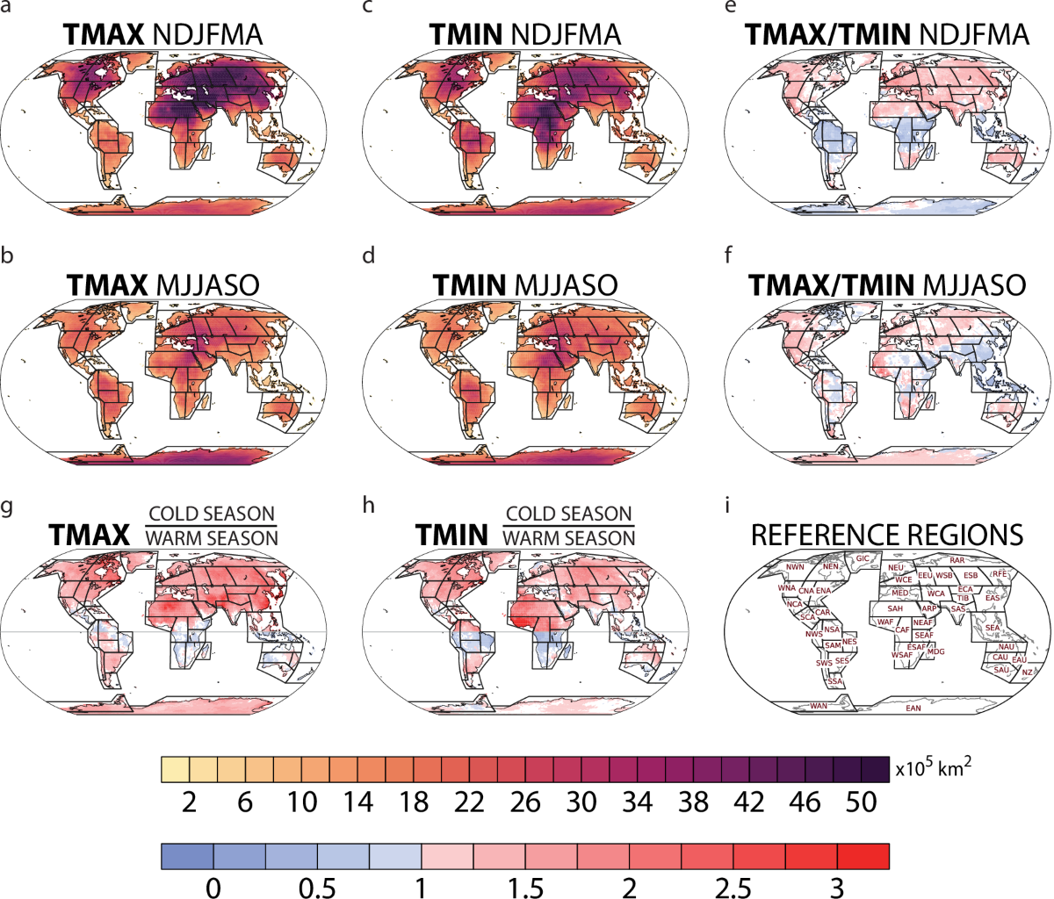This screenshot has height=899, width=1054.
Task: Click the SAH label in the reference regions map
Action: tap(896, 608)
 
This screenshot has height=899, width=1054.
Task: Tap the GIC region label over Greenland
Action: tap(863, 558)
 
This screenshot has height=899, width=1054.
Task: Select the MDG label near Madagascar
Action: tap(936, 651)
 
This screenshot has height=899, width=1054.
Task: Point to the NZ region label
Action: tap(1027, 672)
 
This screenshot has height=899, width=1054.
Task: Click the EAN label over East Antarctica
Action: tap(913, 708)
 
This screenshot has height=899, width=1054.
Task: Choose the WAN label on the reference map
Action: tap(818, 705)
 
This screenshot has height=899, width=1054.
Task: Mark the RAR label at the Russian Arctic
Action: tap(957, 560)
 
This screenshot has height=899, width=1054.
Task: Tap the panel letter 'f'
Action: tap(727, 259)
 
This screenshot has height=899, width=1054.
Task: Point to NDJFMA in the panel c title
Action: tap(565, 35)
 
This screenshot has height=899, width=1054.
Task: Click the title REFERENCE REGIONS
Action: tap(888, 535)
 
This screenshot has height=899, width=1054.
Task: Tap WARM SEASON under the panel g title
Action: tap(212, 537)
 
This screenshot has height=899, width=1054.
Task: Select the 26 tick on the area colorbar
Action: tap(525, 802)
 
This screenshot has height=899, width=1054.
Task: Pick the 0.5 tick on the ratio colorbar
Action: tap(317, 888)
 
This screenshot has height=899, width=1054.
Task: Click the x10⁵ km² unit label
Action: tap(935, 768)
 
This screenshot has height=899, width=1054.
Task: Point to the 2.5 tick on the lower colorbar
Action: tap(733, 888)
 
